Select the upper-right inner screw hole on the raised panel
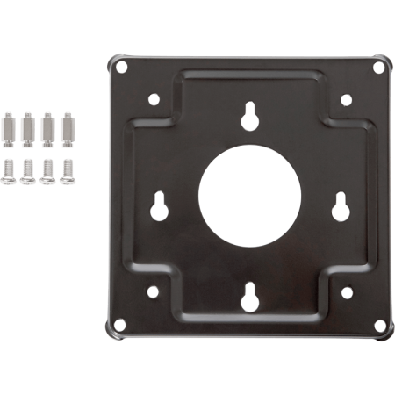click(x=341, y=100)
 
